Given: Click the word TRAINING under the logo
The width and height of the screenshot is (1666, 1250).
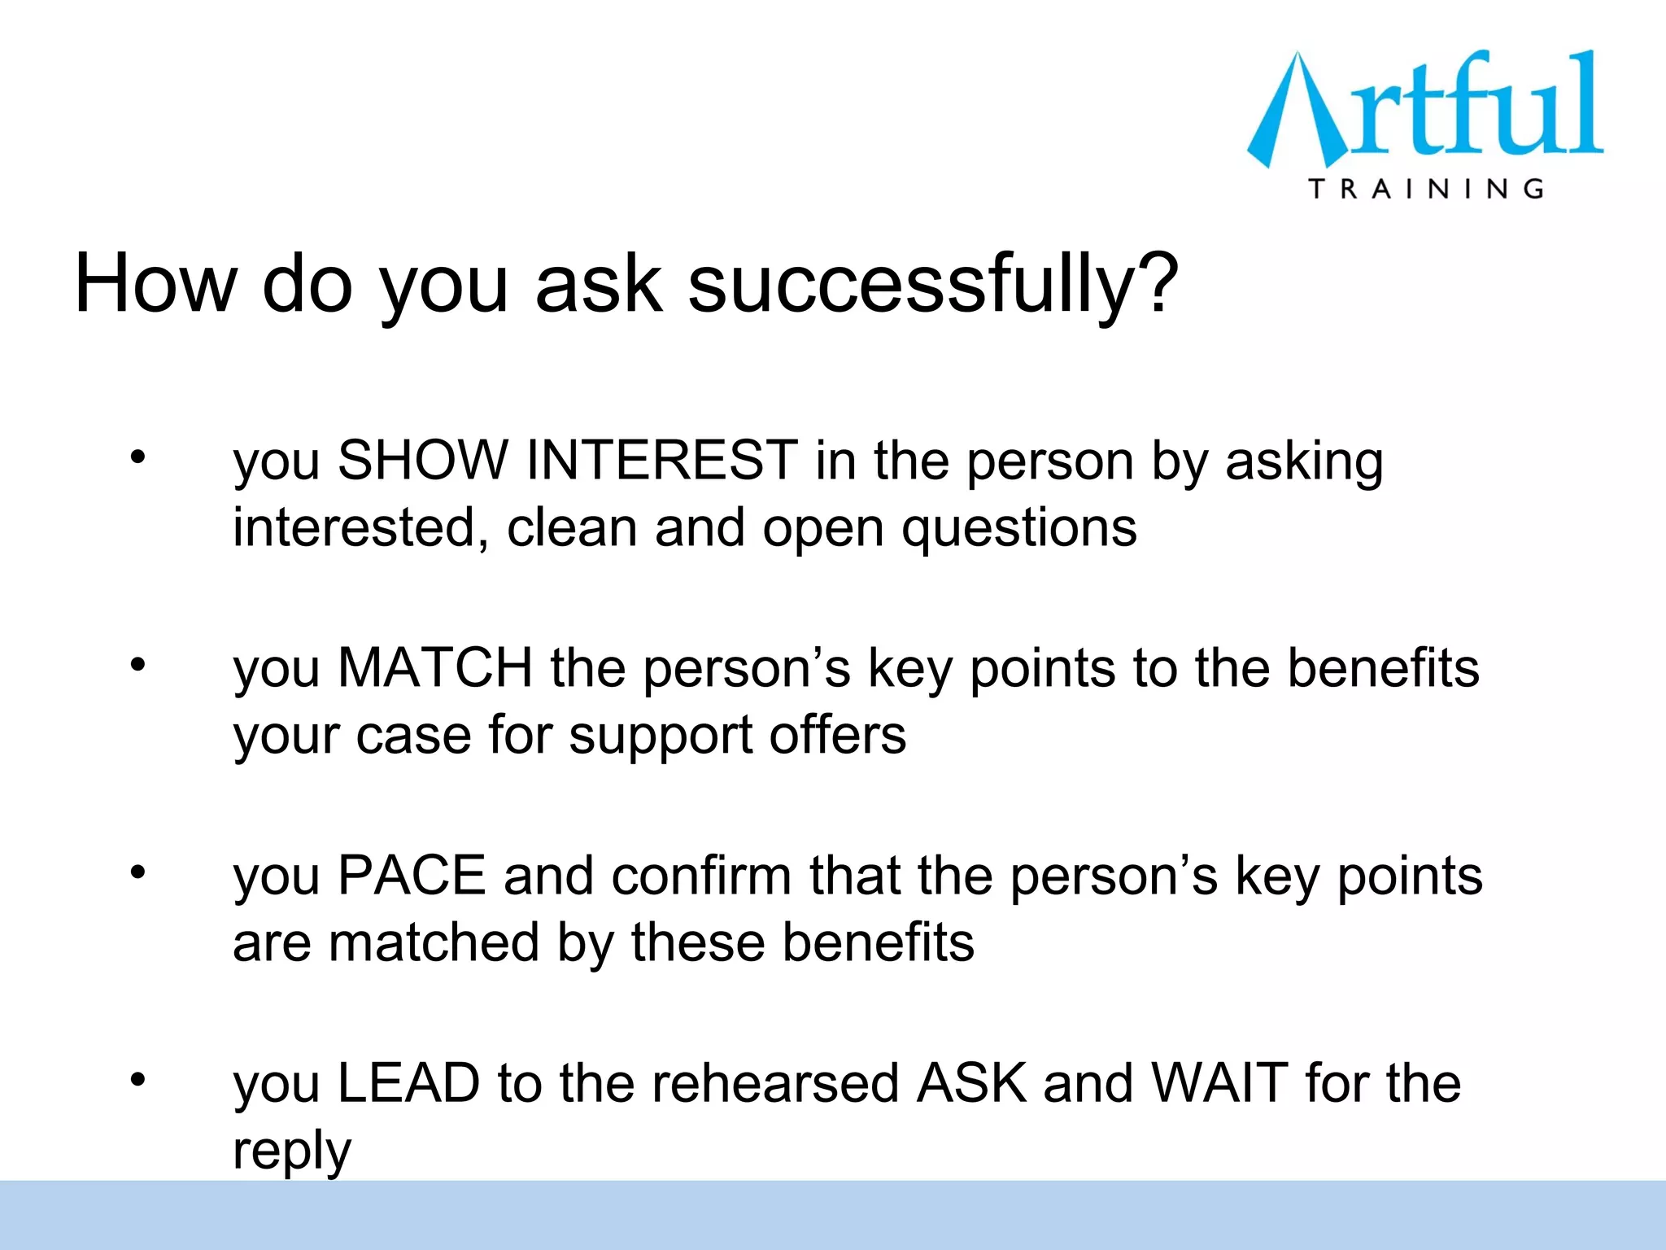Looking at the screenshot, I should [1426, 189].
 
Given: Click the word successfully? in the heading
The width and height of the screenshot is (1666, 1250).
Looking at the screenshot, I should [933, 283].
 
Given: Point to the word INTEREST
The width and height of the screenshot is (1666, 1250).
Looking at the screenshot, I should [661, 460].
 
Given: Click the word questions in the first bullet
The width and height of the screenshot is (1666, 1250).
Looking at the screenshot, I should [1018, 529].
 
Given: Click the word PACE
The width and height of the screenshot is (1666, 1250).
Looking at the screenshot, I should [412, 876].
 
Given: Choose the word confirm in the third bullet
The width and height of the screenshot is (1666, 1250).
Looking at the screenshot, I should [701, 876].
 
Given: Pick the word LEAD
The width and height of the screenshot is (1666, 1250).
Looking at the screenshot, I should [408, 1083].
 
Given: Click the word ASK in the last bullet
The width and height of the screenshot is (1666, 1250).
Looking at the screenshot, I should [971, 1083].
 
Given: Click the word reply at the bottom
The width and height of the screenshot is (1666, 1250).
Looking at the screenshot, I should [292, 1152].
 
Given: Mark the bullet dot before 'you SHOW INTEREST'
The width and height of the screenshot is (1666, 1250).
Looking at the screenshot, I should [138, 457].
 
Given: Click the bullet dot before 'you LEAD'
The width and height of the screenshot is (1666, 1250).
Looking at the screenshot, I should [138, 1079].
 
